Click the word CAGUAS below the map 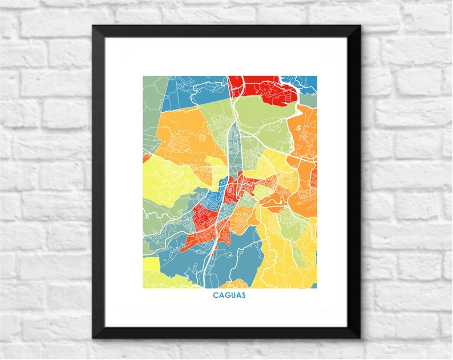click(229, 295)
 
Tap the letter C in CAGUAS click(216, 295)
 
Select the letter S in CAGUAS click(244, 295)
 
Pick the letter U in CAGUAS click(233, 295)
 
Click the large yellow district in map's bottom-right click(285, 257)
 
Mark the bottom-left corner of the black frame click(94, 338)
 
